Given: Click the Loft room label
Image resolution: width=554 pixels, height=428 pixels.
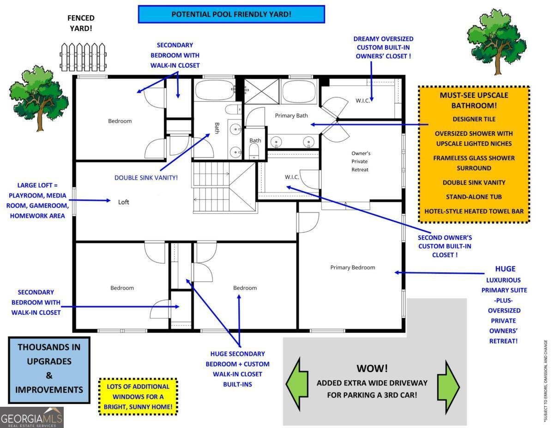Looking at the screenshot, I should tap(123, 202).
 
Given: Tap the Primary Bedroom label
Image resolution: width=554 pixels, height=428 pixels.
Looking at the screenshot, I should tap(352, 267).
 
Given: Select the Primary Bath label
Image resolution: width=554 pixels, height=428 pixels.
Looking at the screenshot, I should tap(291, 115).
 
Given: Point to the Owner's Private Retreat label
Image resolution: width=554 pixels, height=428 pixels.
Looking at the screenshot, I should tap(361, 161).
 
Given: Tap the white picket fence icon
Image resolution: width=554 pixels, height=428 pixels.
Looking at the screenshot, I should tap(83, 57).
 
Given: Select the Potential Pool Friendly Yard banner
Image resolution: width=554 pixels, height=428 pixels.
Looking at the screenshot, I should tap(231, 14).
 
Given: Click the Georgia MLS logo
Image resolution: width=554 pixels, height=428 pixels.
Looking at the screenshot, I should tap(31, 417).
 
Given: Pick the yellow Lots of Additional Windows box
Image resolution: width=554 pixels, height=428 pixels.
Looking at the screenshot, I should tap(138, 397).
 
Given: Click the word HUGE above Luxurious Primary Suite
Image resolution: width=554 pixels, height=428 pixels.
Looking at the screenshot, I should tap(505, 269).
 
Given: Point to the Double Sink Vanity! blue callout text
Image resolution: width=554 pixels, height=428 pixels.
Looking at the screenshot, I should tap(146, 177).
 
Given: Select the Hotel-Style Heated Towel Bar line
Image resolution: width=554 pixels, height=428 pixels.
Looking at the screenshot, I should tap(474, 211).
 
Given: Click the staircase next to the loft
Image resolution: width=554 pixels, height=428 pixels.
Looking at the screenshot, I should tap(224, 187).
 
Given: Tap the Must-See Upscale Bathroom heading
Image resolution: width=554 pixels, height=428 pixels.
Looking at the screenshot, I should tap(474, 100).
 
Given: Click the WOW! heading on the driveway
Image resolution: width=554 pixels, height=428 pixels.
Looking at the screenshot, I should tap(372, 368).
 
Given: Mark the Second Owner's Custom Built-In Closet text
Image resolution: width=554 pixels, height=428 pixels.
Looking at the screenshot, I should tap(445, 246).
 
